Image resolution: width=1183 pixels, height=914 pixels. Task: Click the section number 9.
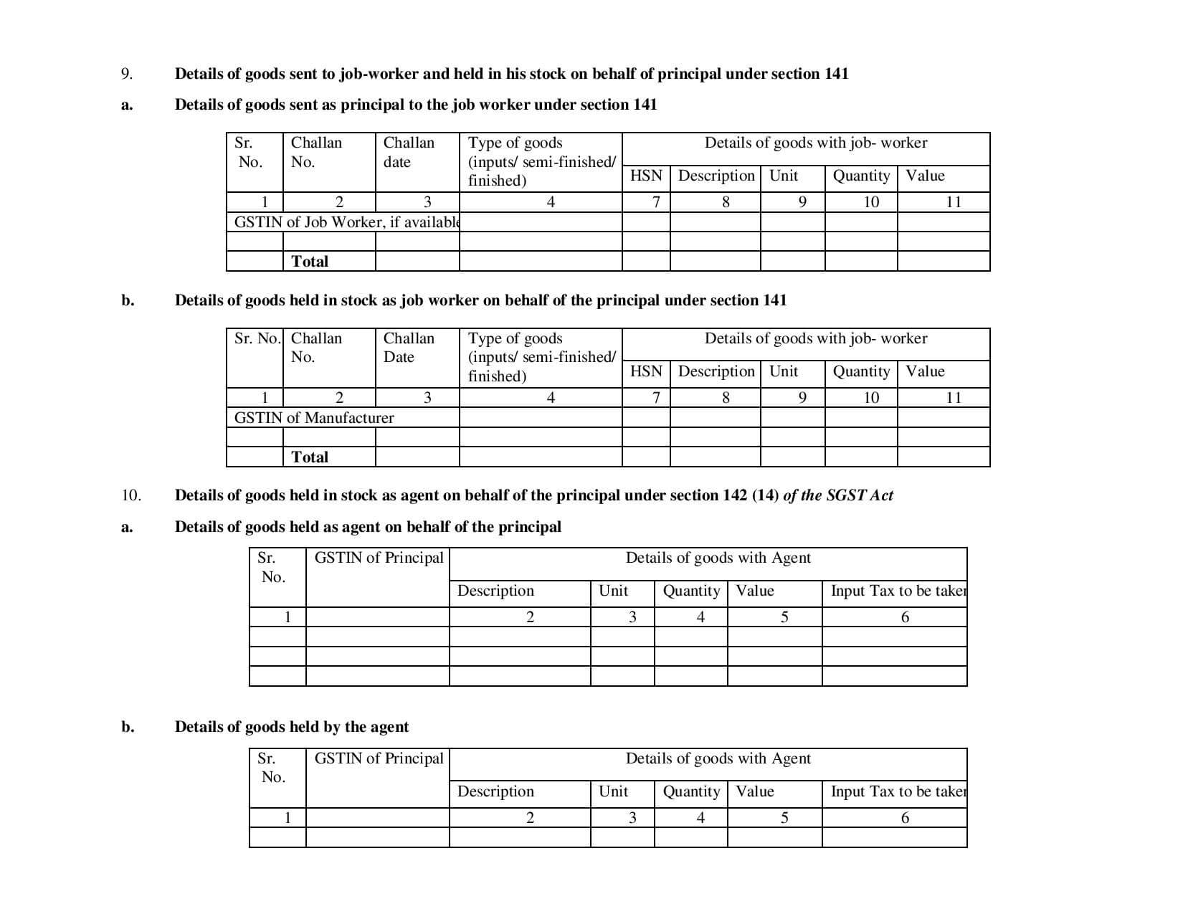(x=126, y=74)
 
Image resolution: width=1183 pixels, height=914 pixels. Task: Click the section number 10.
(x=131, y=495)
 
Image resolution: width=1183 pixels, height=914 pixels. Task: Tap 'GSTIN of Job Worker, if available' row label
(x=346, y=222)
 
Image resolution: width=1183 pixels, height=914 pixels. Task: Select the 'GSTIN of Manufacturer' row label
(x=314, y=418)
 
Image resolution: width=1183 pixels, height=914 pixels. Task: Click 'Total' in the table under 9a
(x=310, y=262)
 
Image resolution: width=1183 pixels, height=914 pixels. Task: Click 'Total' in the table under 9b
(x=310, y=457)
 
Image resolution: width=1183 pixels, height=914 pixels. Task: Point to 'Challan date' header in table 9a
(x=409, y=152)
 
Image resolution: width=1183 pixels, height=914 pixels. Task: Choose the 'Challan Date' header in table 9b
(x=409, y=348)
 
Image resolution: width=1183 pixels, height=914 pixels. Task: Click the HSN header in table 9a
(x=646, y=176)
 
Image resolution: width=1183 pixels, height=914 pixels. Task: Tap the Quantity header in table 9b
(x=861, y=371)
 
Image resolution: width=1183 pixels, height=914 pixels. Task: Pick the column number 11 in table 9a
(x=954, y=202)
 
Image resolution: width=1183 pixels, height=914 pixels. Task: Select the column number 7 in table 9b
(x=656, y=398)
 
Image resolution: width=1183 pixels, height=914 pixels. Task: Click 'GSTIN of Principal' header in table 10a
(x=379, y=558)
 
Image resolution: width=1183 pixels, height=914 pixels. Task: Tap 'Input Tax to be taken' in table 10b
(x=898, y=791)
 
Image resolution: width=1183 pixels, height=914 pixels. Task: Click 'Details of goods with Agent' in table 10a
(x=718, y=558)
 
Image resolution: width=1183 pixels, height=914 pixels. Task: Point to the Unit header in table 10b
(x=613, y=791)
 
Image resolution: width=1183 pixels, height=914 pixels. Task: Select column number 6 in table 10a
(x=905, y=617)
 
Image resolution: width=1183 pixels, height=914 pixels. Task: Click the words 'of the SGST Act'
(x=838, y=495)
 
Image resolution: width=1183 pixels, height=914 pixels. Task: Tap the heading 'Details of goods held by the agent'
(x=292, y=727)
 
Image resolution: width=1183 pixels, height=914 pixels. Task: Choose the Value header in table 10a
(x=755, y=591)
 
